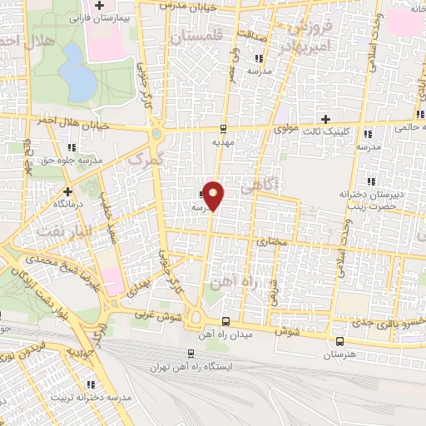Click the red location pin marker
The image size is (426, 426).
point(214,195)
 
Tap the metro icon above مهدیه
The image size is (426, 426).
point(222,128)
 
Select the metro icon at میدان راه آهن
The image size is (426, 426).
point(225,321)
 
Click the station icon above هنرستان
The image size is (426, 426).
point(339,340)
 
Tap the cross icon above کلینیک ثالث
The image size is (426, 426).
point(326,119)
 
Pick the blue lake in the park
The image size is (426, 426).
point(76,72)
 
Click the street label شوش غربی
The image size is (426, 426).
point(154,315)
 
